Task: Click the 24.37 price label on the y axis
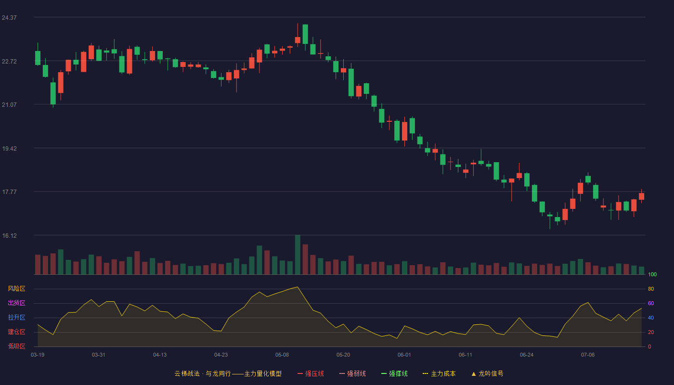[x=9, y=18]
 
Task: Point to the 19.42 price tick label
[x=9, y=149]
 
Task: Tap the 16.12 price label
[x=9, y=236]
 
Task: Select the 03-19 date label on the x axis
[x=38, y=355]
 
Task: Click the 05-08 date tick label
[x=282, y=355]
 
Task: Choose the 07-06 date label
[x=588, y=355]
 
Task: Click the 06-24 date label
[x=527, y=355]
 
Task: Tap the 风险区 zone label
[x=16, y=289]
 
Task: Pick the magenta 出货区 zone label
[x=16, y=303]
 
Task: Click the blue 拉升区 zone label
[x=16, y=317]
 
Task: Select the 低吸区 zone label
[x=16, y=346]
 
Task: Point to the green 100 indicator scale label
[x=652, y=274]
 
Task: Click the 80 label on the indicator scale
[x=651, y=289]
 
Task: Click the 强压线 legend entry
[x=311, y=373]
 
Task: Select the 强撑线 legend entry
[x=394, y=373]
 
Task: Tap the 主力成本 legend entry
[x=439, y=373]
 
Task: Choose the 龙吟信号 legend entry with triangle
[x=487, y=373]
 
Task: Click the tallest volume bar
[x=298, y=255]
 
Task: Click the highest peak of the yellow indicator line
[x=298, y=287]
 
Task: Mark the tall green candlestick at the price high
[x=305, y=34]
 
